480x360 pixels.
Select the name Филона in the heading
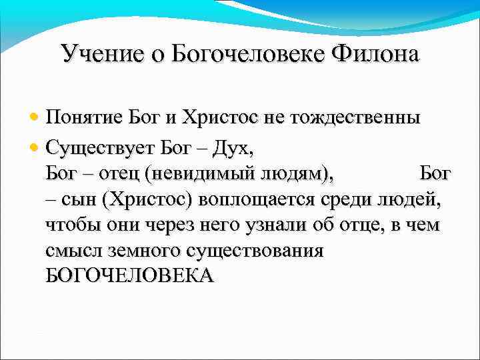point(380,53)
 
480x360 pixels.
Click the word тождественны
point(355,119)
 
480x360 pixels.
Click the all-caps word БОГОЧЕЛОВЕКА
point(130,276)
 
